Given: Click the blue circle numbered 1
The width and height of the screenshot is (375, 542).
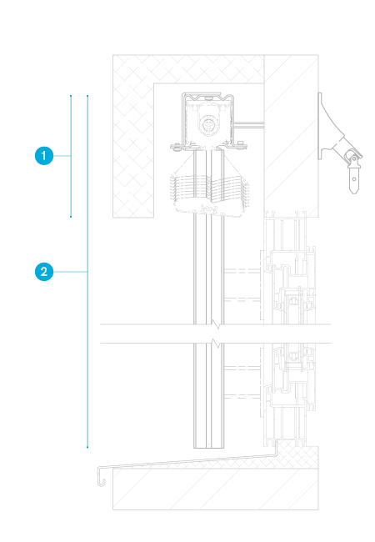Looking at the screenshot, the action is pos(44,156).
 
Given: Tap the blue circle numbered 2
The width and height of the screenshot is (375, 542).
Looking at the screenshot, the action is pos(44,272).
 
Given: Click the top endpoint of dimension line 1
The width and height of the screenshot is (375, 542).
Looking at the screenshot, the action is pos(71,96).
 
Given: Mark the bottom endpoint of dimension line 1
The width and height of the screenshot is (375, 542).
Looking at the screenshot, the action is pos(71,217).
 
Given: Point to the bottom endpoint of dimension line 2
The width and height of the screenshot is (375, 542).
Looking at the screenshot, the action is pos(87,447).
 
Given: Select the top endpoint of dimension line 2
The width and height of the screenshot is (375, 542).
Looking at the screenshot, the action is pos(87,96).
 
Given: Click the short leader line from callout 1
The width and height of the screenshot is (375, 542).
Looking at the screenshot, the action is pos(62,156).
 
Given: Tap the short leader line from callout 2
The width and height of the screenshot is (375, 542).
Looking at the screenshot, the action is pos(71,272).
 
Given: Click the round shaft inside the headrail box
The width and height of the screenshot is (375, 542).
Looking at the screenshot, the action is pos(209,124).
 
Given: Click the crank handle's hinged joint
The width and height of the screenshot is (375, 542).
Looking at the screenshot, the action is pos(352,158).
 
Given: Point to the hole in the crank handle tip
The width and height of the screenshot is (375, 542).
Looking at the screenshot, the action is pos(354,178).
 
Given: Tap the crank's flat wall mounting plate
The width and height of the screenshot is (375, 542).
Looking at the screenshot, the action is pos(320,126).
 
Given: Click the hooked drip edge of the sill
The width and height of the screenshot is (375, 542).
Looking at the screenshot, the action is pos(101,477).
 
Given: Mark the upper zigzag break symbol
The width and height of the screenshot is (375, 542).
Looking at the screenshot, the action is pos(216,324).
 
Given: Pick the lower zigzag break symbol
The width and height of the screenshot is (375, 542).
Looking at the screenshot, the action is pos(216,344).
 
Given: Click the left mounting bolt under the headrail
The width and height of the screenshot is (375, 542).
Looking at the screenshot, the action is pos(177,147).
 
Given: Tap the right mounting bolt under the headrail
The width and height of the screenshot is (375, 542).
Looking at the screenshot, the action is pos(241,145).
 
